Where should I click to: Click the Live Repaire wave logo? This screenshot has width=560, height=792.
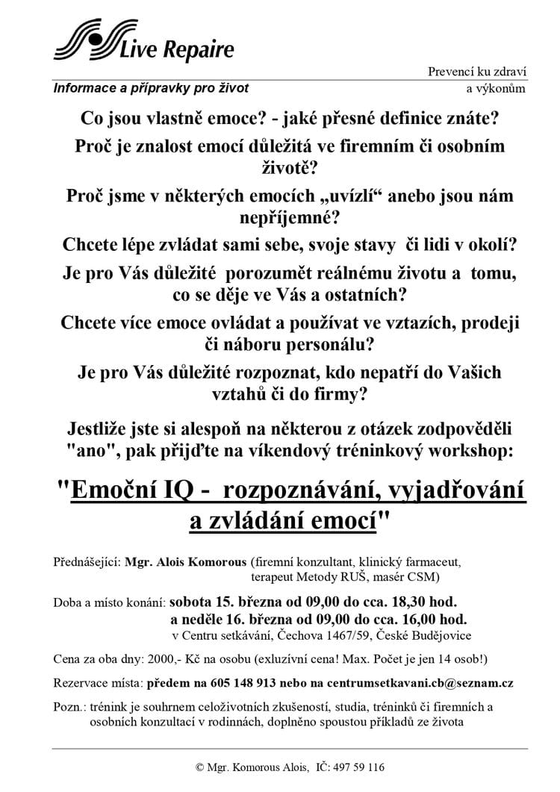pos(82,40)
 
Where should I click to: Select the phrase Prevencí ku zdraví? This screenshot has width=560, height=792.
pos(477,72)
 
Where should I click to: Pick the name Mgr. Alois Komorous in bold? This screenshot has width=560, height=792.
pos(187,561)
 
